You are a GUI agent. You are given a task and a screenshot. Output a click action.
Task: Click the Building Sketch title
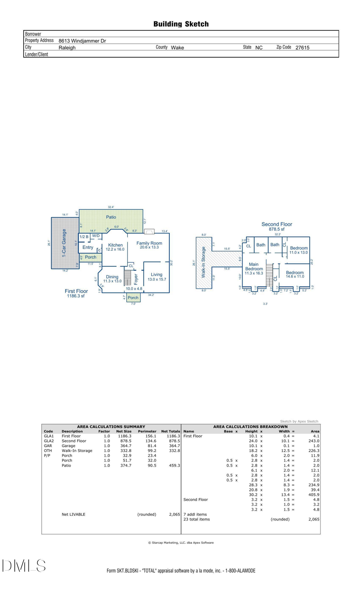pos(181,24)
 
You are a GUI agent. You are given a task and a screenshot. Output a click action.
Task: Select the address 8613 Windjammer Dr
pos(82,41)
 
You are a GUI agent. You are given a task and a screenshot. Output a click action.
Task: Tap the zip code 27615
pos(302,48)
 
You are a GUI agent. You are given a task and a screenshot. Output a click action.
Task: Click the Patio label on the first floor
pos(111,217)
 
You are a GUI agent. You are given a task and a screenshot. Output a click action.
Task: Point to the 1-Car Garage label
pos(64,243)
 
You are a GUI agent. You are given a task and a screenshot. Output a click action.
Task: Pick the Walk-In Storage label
pos(203,262)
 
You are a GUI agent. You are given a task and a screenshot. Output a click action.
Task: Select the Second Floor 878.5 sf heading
pos(277,227)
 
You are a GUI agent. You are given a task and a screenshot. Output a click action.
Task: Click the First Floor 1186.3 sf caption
pos(76,294)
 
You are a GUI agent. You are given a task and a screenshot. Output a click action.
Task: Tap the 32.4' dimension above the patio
pos(111,207)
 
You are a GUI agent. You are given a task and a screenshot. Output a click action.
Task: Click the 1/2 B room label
pos(84,237)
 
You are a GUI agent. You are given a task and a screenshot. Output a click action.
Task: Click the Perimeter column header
pos(147,431)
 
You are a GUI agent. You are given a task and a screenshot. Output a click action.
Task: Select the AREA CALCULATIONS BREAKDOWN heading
pos(250,427)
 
